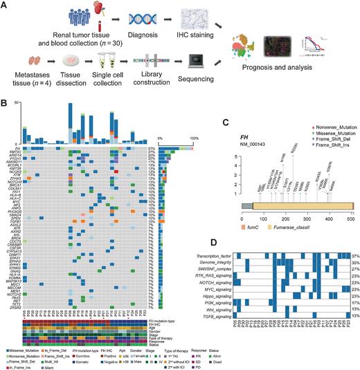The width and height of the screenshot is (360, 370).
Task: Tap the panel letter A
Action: tap(5, 5)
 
